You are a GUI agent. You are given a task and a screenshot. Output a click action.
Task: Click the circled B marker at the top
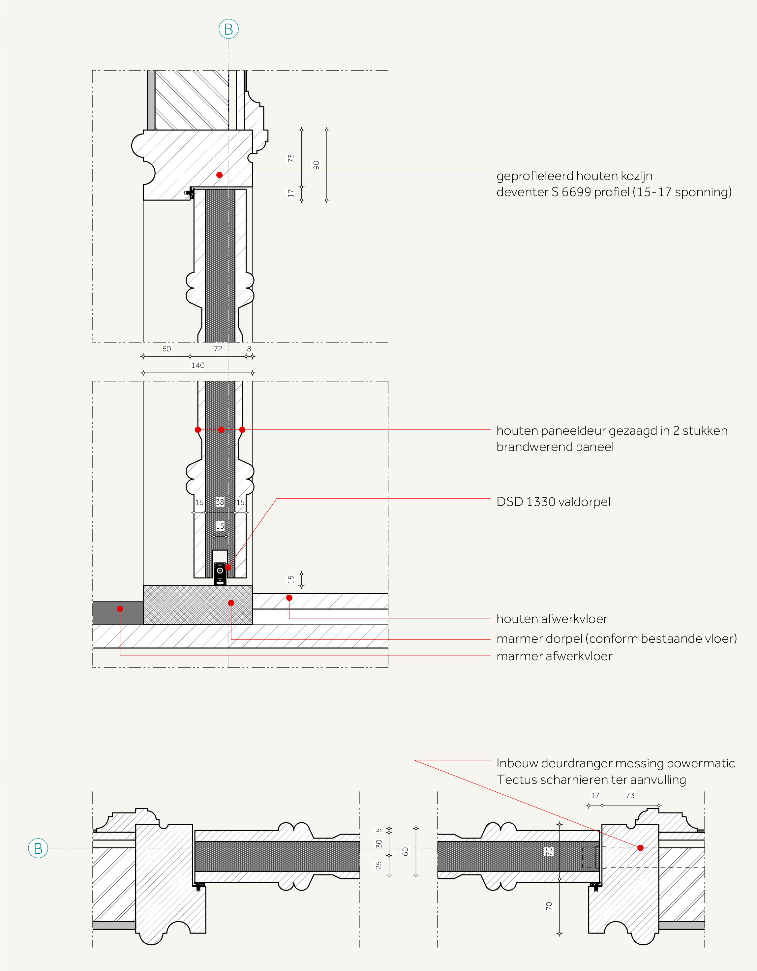coord(228,29)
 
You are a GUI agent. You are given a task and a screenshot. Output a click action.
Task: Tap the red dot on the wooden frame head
coord(219,175)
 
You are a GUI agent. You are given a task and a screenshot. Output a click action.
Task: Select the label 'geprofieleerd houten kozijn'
coord(574,176)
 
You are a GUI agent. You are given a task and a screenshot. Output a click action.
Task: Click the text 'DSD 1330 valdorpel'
coord(553,502)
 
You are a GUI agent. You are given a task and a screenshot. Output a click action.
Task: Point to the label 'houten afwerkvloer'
coord(552,619)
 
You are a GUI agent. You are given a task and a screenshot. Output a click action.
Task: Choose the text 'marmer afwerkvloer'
coord(554,656)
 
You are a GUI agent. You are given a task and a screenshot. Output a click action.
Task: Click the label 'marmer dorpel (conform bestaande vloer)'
coord(617,638)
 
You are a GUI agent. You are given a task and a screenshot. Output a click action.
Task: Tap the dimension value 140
coord(198,366)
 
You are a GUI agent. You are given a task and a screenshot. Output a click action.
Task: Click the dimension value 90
coord(316,165)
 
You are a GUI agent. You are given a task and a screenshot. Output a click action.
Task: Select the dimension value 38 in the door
coord(220,502)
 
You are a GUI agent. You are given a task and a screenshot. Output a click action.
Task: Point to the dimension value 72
coord(218,349)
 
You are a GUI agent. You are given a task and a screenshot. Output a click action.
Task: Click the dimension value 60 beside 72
coord(167,349)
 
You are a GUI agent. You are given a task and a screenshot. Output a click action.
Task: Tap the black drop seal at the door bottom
coord(220,574)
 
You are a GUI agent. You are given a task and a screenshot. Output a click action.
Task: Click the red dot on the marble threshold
coord(231,603)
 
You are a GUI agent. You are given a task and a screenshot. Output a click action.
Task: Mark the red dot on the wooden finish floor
coord(289,598)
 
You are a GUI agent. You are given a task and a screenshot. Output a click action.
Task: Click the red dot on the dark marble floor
coord(120,609)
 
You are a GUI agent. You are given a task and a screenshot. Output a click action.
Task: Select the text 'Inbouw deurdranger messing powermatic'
coord(616,763)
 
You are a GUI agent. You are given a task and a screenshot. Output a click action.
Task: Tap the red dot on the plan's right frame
coord(641,848)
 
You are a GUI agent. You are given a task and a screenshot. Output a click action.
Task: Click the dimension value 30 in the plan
coord(379,843)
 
